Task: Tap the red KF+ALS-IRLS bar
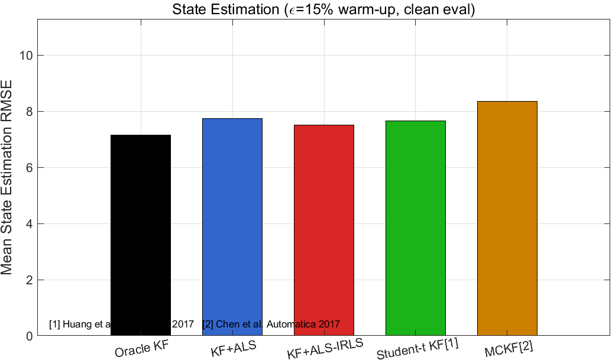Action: [x=324, y=230]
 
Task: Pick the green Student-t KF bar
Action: [x=415, y=228]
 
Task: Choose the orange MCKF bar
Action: [x=507, y=218]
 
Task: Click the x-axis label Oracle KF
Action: [x=142, y=349]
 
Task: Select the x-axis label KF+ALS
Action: [x=234, y=348]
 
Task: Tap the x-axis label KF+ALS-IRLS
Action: [x=325, y=349]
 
